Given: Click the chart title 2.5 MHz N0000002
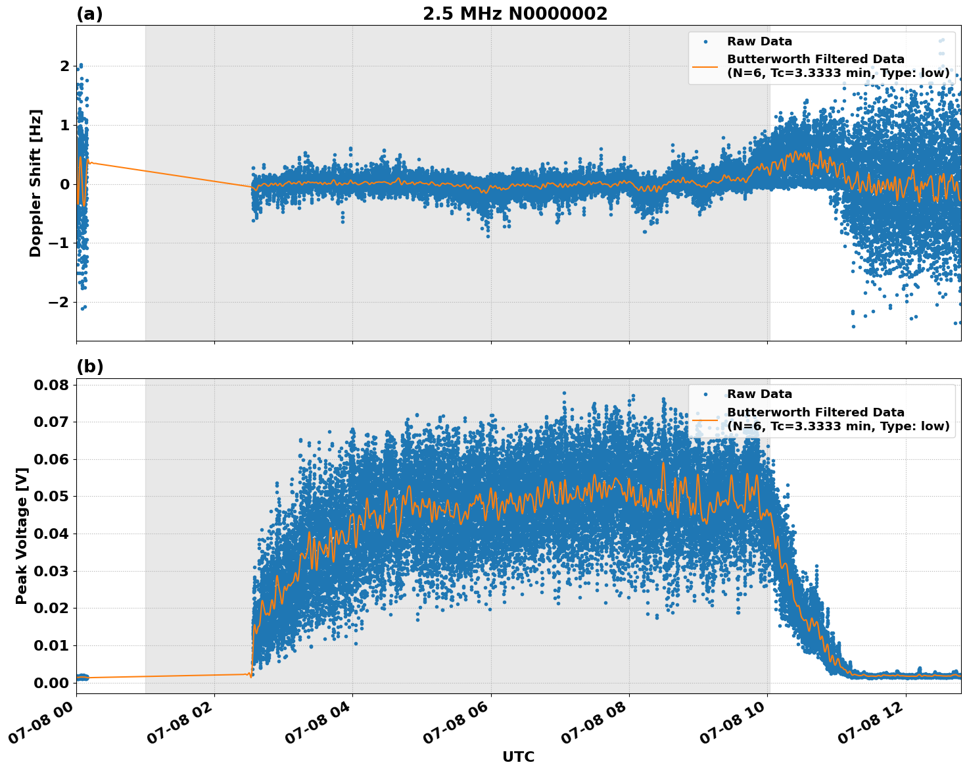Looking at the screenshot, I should [x=515, y=14].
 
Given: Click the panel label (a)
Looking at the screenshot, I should [x=89, y=14].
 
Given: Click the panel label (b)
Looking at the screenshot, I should [x=89, y=367].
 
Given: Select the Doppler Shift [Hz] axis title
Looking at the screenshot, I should [x=35, y=183].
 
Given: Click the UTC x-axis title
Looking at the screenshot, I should [x=518, y=757].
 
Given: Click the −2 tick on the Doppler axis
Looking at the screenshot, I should [x=60, y=302].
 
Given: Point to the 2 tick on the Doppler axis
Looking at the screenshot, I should [x=64, y=66].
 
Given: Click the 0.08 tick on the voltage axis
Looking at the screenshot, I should [x=51, y=384].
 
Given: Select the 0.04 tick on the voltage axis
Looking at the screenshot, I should [x=51, y=534].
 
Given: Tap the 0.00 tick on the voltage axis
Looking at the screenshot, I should [x=51, y=683].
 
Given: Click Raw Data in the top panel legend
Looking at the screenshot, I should [x=759, y=41].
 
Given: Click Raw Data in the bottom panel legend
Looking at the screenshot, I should [x=759, y=394].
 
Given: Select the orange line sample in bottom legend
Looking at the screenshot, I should [x=705, y=419].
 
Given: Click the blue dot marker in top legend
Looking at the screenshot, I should [x=705, y=41].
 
